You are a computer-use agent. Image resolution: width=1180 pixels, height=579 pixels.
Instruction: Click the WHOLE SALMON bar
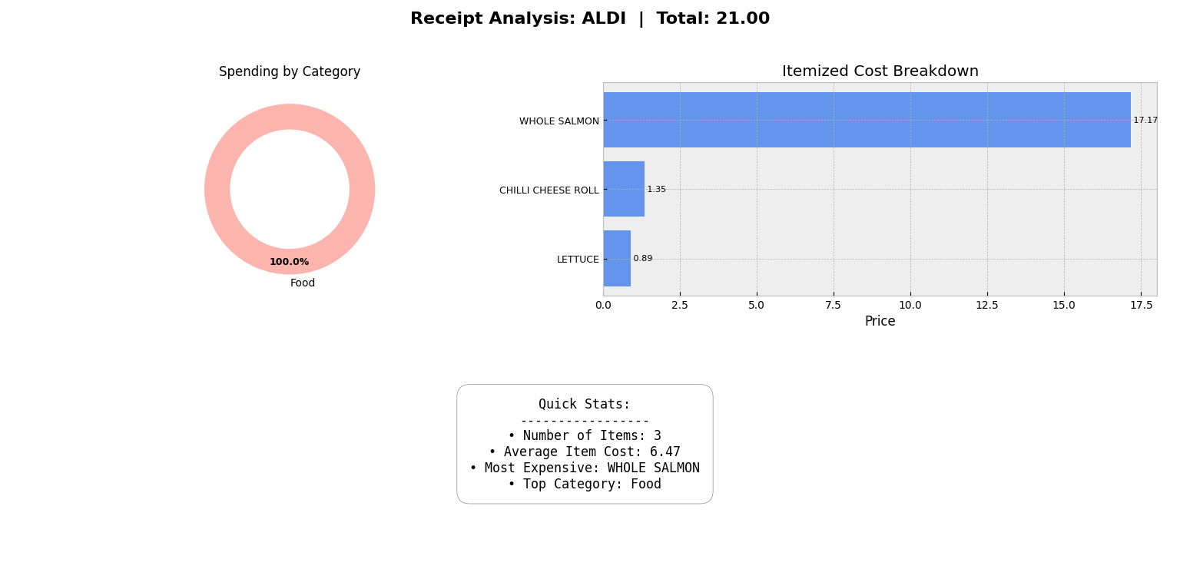pyautogui.click(x=867, y=120)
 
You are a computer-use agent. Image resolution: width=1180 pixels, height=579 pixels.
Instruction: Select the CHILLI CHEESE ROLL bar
pyautogui.click(x=624, y=189)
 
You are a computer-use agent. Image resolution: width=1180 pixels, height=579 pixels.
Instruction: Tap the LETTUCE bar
pyautogui.click(x=617, y=259)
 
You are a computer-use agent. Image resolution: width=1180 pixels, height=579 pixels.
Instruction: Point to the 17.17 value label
pyautogui.click(x=1145, y=121)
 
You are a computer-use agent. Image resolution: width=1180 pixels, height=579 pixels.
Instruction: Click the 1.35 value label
pyautogui.click(x=656, y=190)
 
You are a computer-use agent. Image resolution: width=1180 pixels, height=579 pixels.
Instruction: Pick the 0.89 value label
pyautogui.click(x=642, y=259)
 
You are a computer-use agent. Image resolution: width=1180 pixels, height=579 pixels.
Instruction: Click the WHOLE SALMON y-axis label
pyautogui.click(x=559, y=121)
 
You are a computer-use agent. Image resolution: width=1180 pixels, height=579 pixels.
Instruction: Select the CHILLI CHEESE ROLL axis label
pyautogui.click(x=549, y=190)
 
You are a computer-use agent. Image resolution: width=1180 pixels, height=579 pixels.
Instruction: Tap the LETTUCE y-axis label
pyautogui.click(x=578, y=260)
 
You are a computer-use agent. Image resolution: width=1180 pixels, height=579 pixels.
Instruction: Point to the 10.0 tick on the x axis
pyautogui.click(x=910, y=305)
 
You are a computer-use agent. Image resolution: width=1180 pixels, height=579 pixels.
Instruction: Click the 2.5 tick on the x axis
pyautogui.click(x=680, y=305)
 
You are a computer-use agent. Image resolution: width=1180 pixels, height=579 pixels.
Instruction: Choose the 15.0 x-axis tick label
pyautogui.click(x=1064, y=305)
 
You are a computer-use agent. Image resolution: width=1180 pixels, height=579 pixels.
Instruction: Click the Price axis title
pyautogui.click(x=880, y=322)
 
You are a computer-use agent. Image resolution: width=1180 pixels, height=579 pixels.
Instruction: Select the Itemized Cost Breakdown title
pyautogui.click(x=880, y=71)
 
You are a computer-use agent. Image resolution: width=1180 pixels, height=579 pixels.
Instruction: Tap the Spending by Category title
pyautogui.click(x=290, y=72)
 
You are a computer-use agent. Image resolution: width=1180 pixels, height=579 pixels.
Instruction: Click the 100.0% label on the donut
pyautogui.click(x=289, y=262)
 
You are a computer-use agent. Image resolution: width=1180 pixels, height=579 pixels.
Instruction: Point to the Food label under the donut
pyautogui.click(x=303, y=283)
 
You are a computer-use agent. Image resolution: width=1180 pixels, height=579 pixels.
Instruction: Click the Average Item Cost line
pyautogui.click(x=585, y=452)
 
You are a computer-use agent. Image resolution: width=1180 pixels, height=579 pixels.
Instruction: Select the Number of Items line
pyautogui.click(x=585, y=436)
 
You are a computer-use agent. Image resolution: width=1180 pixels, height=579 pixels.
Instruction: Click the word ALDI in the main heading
pyautogui.click(x=603, y=19)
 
